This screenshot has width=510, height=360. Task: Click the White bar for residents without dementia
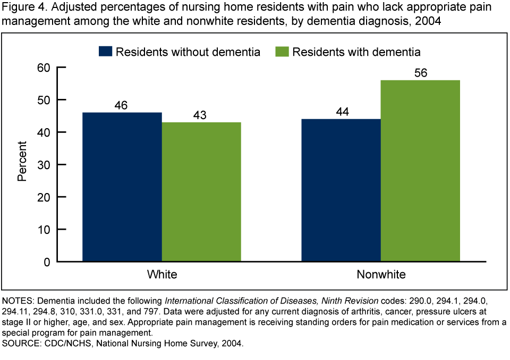[122, 187]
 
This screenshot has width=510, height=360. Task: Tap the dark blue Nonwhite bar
[341, 190]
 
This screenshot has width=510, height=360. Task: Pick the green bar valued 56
[420, 171]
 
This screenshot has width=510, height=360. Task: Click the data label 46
[122, 105]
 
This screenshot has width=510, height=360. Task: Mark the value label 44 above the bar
[341, 112]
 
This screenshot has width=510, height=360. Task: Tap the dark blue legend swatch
[106, 52]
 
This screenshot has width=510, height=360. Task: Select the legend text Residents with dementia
[356, 52]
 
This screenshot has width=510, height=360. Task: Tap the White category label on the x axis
[162, 275]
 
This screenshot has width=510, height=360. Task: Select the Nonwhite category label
[381, 275]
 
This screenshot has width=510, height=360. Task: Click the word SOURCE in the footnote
[20, 344]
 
